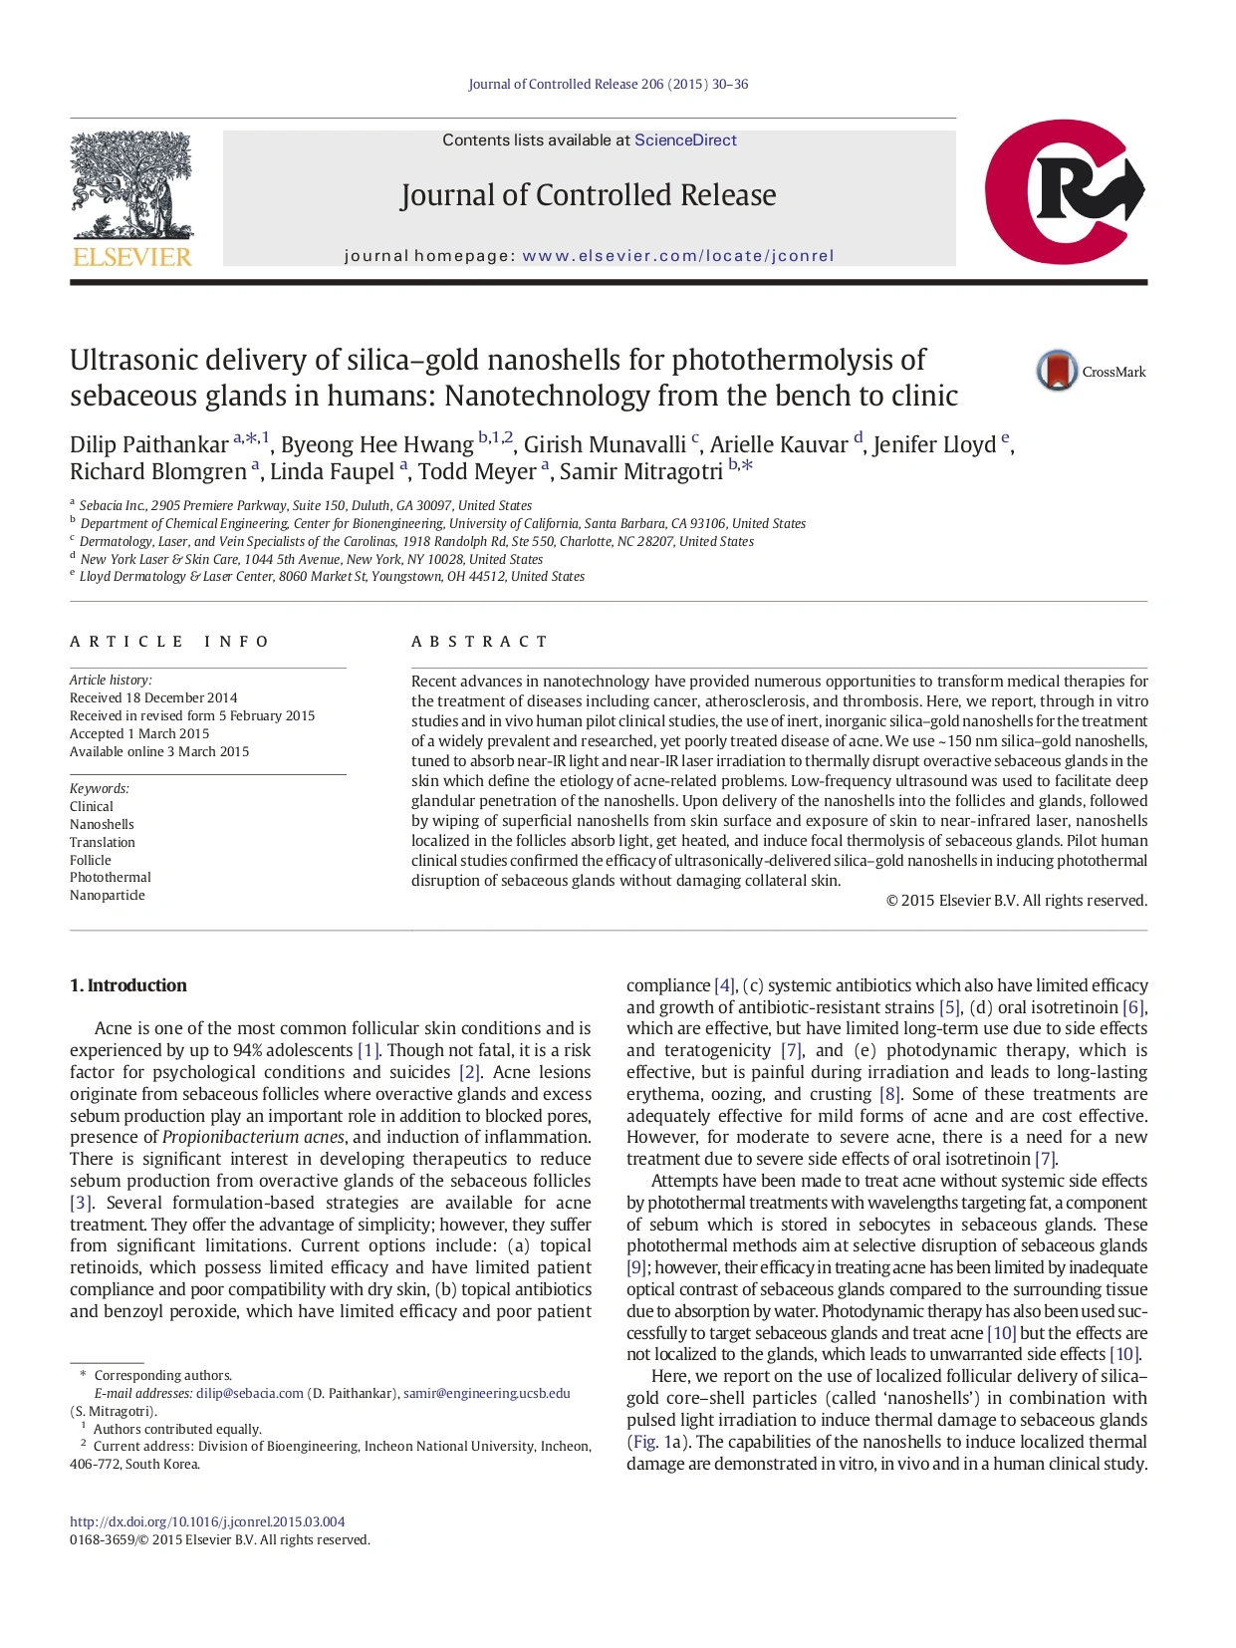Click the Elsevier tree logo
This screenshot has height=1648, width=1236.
(131, 198)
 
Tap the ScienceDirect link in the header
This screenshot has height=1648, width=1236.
(685, 140)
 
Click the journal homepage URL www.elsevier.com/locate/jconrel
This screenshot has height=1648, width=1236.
(678, 256)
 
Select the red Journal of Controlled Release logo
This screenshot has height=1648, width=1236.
(1063, 192)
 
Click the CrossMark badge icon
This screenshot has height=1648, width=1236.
(1057, 371)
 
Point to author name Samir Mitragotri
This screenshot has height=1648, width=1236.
(640, 472)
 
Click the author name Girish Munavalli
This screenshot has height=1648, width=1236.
(605, 445)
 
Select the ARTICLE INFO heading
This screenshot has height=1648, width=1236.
(169, 642)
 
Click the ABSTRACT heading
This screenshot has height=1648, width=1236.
(479, 642)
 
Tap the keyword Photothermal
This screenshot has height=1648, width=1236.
(111, 878)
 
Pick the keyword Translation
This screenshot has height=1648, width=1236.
(103, 842)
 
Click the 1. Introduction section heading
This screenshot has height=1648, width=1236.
(128, 985)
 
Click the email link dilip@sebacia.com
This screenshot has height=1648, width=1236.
(249, 1393)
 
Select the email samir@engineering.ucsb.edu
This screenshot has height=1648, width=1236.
(487, 1393)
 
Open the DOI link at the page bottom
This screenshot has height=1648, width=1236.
(207, 1521)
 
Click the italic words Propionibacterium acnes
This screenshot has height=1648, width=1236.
(253, 1137)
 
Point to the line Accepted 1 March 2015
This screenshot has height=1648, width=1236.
(139, 733)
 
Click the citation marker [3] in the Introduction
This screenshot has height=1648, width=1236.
(81, 1203)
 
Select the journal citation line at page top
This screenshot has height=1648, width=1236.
(608, 85)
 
